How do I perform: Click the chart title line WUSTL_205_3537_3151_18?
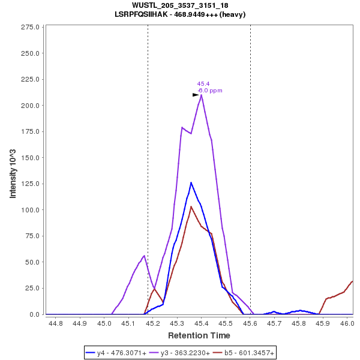point(180,5)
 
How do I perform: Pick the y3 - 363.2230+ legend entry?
point(182,353)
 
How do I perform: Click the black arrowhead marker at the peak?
point(196,95)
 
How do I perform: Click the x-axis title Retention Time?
point(199,335)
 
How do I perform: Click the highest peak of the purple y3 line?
point(202,95)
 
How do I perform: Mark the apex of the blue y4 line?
point(191,182)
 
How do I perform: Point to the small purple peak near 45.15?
point(144,256)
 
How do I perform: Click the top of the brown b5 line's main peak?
point(191,206)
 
